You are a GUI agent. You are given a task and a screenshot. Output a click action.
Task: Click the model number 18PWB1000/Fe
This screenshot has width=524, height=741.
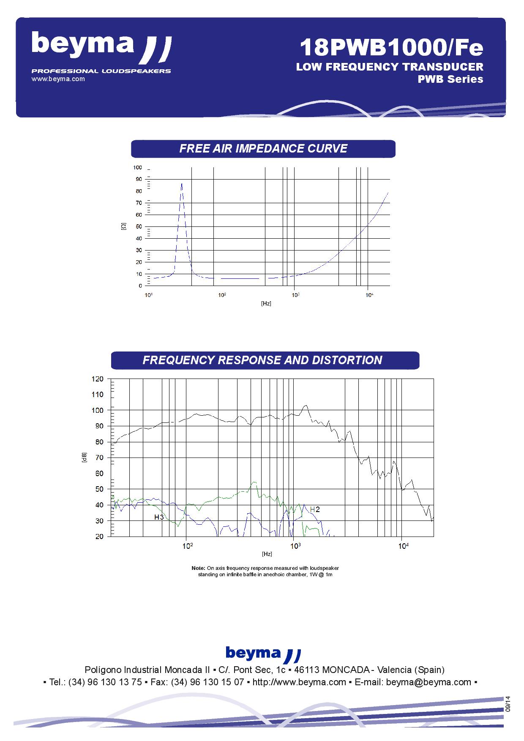point(391,47)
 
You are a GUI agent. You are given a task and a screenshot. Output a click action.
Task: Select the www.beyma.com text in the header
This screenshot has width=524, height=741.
point(58,79)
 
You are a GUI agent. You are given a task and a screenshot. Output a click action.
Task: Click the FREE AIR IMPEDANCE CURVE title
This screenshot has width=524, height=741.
point(263,149)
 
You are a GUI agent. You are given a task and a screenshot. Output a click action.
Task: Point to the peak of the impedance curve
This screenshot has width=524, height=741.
point(182,183)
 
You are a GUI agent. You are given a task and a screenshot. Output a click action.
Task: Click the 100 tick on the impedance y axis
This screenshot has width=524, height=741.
point(137,168)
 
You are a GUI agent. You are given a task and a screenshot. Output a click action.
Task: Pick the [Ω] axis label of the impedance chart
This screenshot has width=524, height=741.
point(123,227)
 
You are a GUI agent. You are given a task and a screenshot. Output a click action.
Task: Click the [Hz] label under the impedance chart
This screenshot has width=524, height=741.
point(266,303)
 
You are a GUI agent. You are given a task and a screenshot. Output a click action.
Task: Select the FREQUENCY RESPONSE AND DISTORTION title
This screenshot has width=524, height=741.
point(262,360)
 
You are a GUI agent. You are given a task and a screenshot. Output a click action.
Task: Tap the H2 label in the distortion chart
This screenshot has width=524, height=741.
point(315,509)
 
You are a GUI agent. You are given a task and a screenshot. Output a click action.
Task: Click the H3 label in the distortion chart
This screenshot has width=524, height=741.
point(159,517)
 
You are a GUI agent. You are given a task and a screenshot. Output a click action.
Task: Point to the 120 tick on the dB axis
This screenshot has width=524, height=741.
point(97,379)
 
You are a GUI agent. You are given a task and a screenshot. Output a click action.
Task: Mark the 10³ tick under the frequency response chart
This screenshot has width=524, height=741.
point(295,545)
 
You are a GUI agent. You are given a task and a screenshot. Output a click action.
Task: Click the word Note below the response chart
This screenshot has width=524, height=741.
point(198,568)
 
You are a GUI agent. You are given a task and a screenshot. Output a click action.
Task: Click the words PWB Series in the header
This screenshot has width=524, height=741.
point(450,79)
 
